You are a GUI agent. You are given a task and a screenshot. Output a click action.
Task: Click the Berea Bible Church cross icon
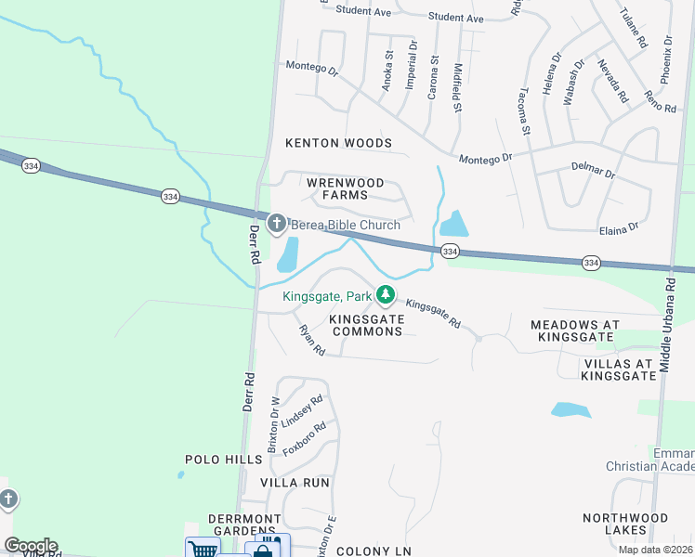276,223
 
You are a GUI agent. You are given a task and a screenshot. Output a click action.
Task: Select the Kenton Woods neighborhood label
338,143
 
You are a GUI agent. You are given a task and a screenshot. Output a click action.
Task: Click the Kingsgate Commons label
367,325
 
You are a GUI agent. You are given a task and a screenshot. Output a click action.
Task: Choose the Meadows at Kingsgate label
574,331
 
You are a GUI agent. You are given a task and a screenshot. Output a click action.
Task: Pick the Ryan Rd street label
311,340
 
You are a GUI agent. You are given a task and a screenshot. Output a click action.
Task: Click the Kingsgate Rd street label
434,313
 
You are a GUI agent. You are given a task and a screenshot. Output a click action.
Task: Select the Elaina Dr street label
620,227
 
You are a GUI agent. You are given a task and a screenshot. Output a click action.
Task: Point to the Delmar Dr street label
596,172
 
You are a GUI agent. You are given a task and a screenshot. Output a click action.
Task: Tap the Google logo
31,546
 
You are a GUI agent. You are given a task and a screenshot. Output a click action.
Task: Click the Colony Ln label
374,551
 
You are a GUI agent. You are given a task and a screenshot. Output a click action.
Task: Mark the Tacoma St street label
524,111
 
